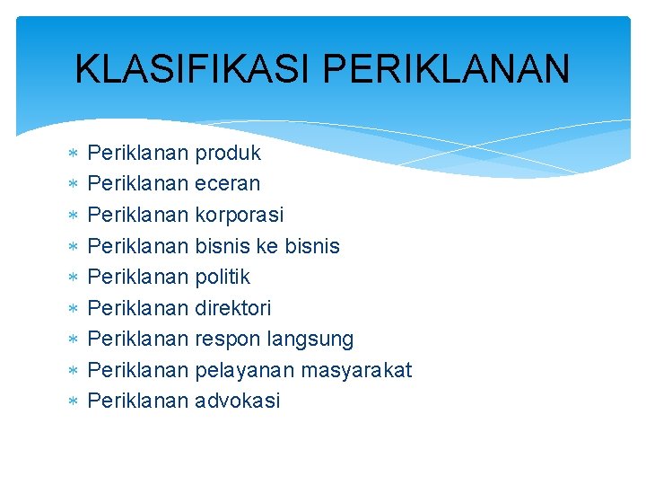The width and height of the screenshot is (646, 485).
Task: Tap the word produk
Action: pos(228,153)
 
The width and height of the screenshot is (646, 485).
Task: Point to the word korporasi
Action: pos(239,216)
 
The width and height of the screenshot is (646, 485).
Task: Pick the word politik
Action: pos(222,277)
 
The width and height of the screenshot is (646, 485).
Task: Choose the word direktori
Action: pos(232,308)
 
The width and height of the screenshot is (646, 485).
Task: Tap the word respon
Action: pos(225,339)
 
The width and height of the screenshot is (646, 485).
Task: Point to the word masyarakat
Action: pos(357,370)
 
